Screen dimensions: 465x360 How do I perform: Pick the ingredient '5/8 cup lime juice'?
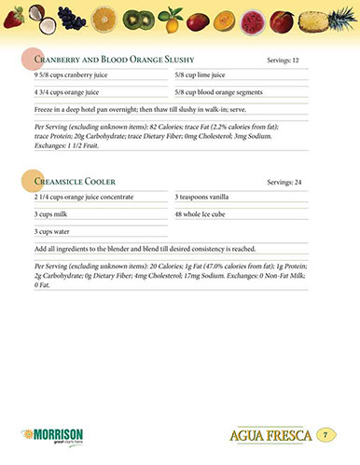point(201,75)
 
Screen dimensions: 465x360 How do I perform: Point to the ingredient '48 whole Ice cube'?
point(203,214)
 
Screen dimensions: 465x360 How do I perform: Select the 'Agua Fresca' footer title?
point(268,436)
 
